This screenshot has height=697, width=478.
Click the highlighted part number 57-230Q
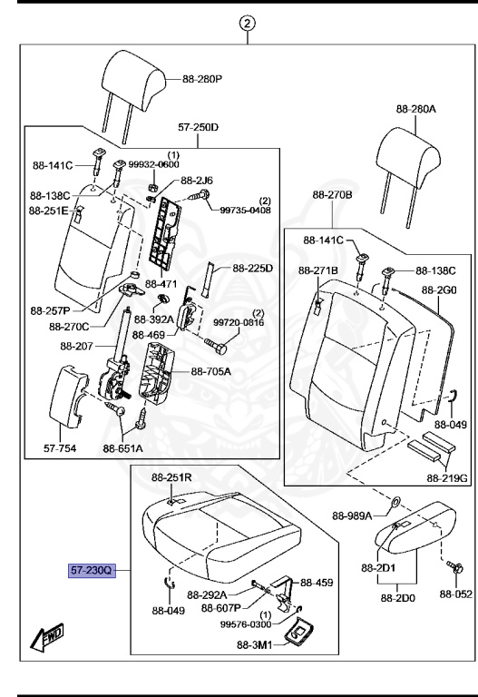[92, 570]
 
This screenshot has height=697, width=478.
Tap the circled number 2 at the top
[248, 23]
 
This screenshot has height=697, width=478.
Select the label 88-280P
[202, 79]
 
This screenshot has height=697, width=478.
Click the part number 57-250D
[198, 128]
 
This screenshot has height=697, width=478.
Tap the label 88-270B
[332, 195]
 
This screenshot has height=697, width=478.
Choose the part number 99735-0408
[245, 210]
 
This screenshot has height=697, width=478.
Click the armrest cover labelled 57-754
[67, 396]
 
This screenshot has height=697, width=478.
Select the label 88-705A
[210, 371]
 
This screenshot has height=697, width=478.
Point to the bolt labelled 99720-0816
[216, 347]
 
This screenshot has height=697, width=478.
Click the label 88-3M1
[254, 644]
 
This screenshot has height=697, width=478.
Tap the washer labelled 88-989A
[395, 501]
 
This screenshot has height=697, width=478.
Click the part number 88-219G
[447, 478]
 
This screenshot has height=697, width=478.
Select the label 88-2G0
[439, 290]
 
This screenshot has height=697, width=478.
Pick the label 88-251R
[171, 477]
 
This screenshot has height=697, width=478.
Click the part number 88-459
[317, 583]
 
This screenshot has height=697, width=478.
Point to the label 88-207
[76, 346]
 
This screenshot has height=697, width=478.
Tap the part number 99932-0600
[153, 164]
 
